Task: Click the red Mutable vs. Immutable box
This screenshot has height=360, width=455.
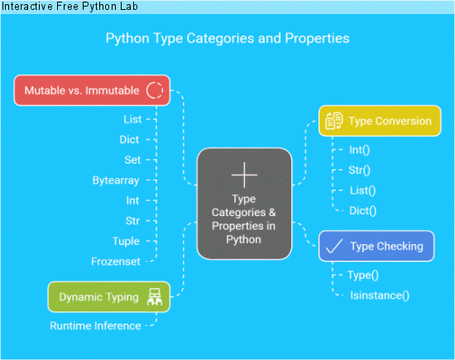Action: click(92, 89)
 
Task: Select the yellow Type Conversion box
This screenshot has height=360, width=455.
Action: click(381, 121)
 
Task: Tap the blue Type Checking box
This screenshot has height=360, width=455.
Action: click(376, 246)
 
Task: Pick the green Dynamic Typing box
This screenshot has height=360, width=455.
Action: click(109, 296)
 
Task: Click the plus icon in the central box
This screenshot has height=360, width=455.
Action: click(244, 175)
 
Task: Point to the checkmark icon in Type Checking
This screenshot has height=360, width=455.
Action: click(334, 246)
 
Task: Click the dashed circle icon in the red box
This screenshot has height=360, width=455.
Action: click(154, 89)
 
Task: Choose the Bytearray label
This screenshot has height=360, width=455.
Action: click(116, 180)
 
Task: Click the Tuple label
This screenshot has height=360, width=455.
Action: click(126, 240)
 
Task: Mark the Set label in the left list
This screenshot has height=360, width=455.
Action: click(132, 160)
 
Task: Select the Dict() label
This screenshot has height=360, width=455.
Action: click(362, 210)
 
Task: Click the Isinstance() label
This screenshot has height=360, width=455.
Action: click(380, 294)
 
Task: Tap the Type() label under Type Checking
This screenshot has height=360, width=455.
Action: click(364, 274)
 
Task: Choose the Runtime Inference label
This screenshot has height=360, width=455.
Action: click(94, 325)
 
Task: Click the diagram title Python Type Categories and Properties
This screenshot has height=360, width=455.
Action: click(227, 38)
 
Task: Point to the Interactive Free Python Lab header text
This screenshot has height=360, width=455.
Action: click(69, 7)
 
